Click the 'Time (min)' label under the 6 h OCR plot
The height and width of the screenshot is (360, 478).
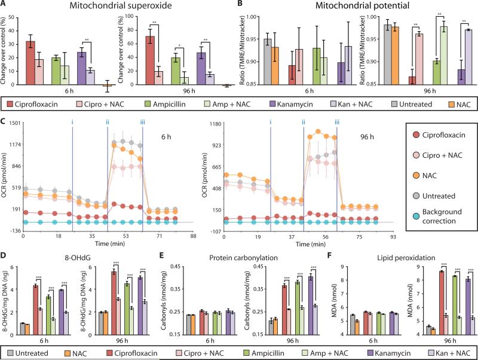tap(99, 245)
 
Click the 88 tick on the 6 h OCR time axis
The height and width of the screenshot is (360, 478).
tap(193, 237)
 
